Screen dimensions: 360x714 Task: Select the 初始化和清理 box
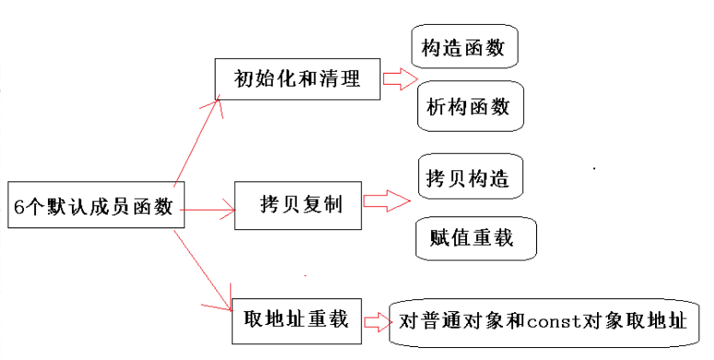coord(298,79)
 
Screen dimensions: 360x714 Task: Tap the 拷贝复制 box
coord(298,203)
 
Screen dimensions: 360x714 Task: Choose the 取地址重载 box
coord(297,319)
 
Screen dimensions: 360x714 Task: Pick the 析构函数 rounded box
coord(470,109)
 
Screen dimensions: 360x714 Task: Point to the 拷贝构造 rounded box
coord(470,178)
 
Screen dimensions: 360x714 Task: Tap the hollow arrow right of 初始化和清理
coord(399,80)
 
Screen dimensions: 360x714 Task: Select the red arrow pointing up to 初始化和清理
coord(198,138)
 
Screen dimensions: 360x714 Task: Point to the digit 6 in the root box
coord(19,206)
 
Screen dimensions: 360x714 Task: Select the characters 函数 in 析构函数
coord(494,109)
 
